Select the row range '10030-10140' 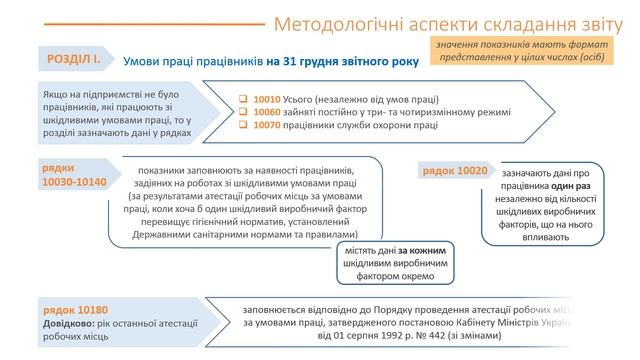tap(76, 184)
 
